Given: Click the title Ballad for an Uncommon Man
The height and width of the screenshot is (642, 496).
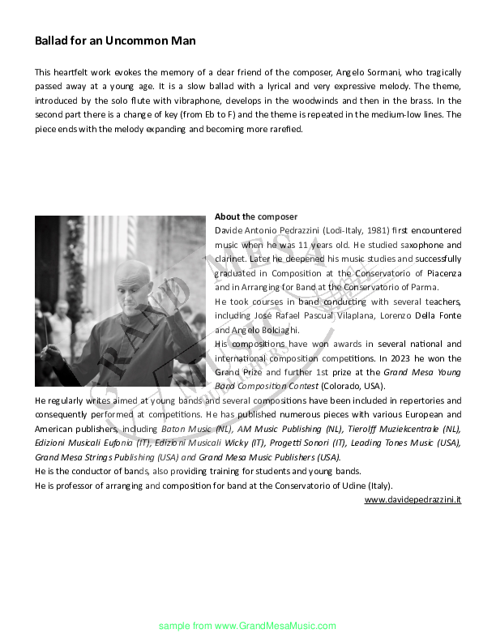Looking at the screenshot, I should point(115,40).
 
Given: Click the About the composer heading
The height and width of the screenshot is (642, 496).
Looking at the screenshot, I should point(256,216).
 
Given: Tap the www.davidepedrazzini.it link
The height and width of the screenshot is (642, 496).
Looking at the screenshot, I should point(413,500).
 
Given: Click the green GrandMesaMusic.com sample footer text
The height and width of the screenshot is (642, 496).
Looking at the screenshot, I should point(247,626).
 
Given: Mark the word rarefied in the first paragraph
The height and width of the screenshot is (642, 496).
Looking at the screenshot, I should point(284,129).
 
